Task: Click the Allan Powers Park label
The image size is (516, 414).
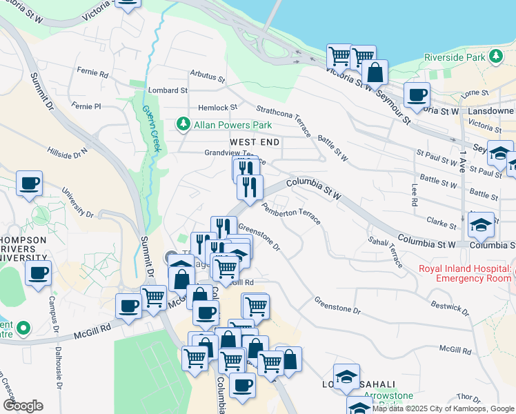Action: coord(232,125)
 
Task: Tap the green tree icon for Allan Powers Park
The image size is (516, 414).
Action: coord(183,125)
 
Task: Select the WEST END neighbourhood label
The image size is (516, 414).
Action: coord(255,142)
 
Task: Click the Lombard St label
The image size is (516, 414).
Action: coord(168,90)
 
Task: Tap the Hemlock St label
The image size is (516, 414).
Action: coord(217,108)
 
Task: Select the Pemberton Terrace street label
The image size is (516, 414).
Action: coord(290,209)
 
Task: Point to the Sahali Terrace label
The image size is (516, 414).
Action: coord(385,251)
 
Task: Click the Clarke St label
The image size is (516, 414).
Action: coord(441,222)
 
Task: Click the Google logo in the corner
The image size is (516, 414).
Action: coord(23,406)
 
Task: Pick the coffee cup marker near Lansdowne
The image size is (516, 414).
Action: coord(417,94)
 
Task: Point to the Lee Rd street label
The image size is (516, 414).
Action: coord(414,195)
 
